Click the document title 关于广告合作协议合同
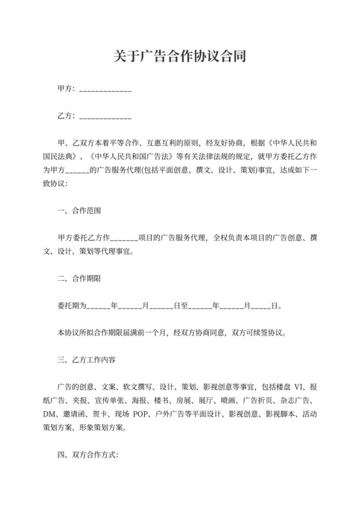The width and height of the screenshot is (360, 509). (179, 57)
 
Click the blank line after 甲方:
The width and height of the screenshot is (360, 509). (105, 91)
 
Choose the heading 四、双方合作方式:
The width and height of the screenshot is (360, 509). (87, 454)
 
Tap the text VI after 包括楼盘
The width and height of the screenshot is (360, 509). (297, 387)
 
